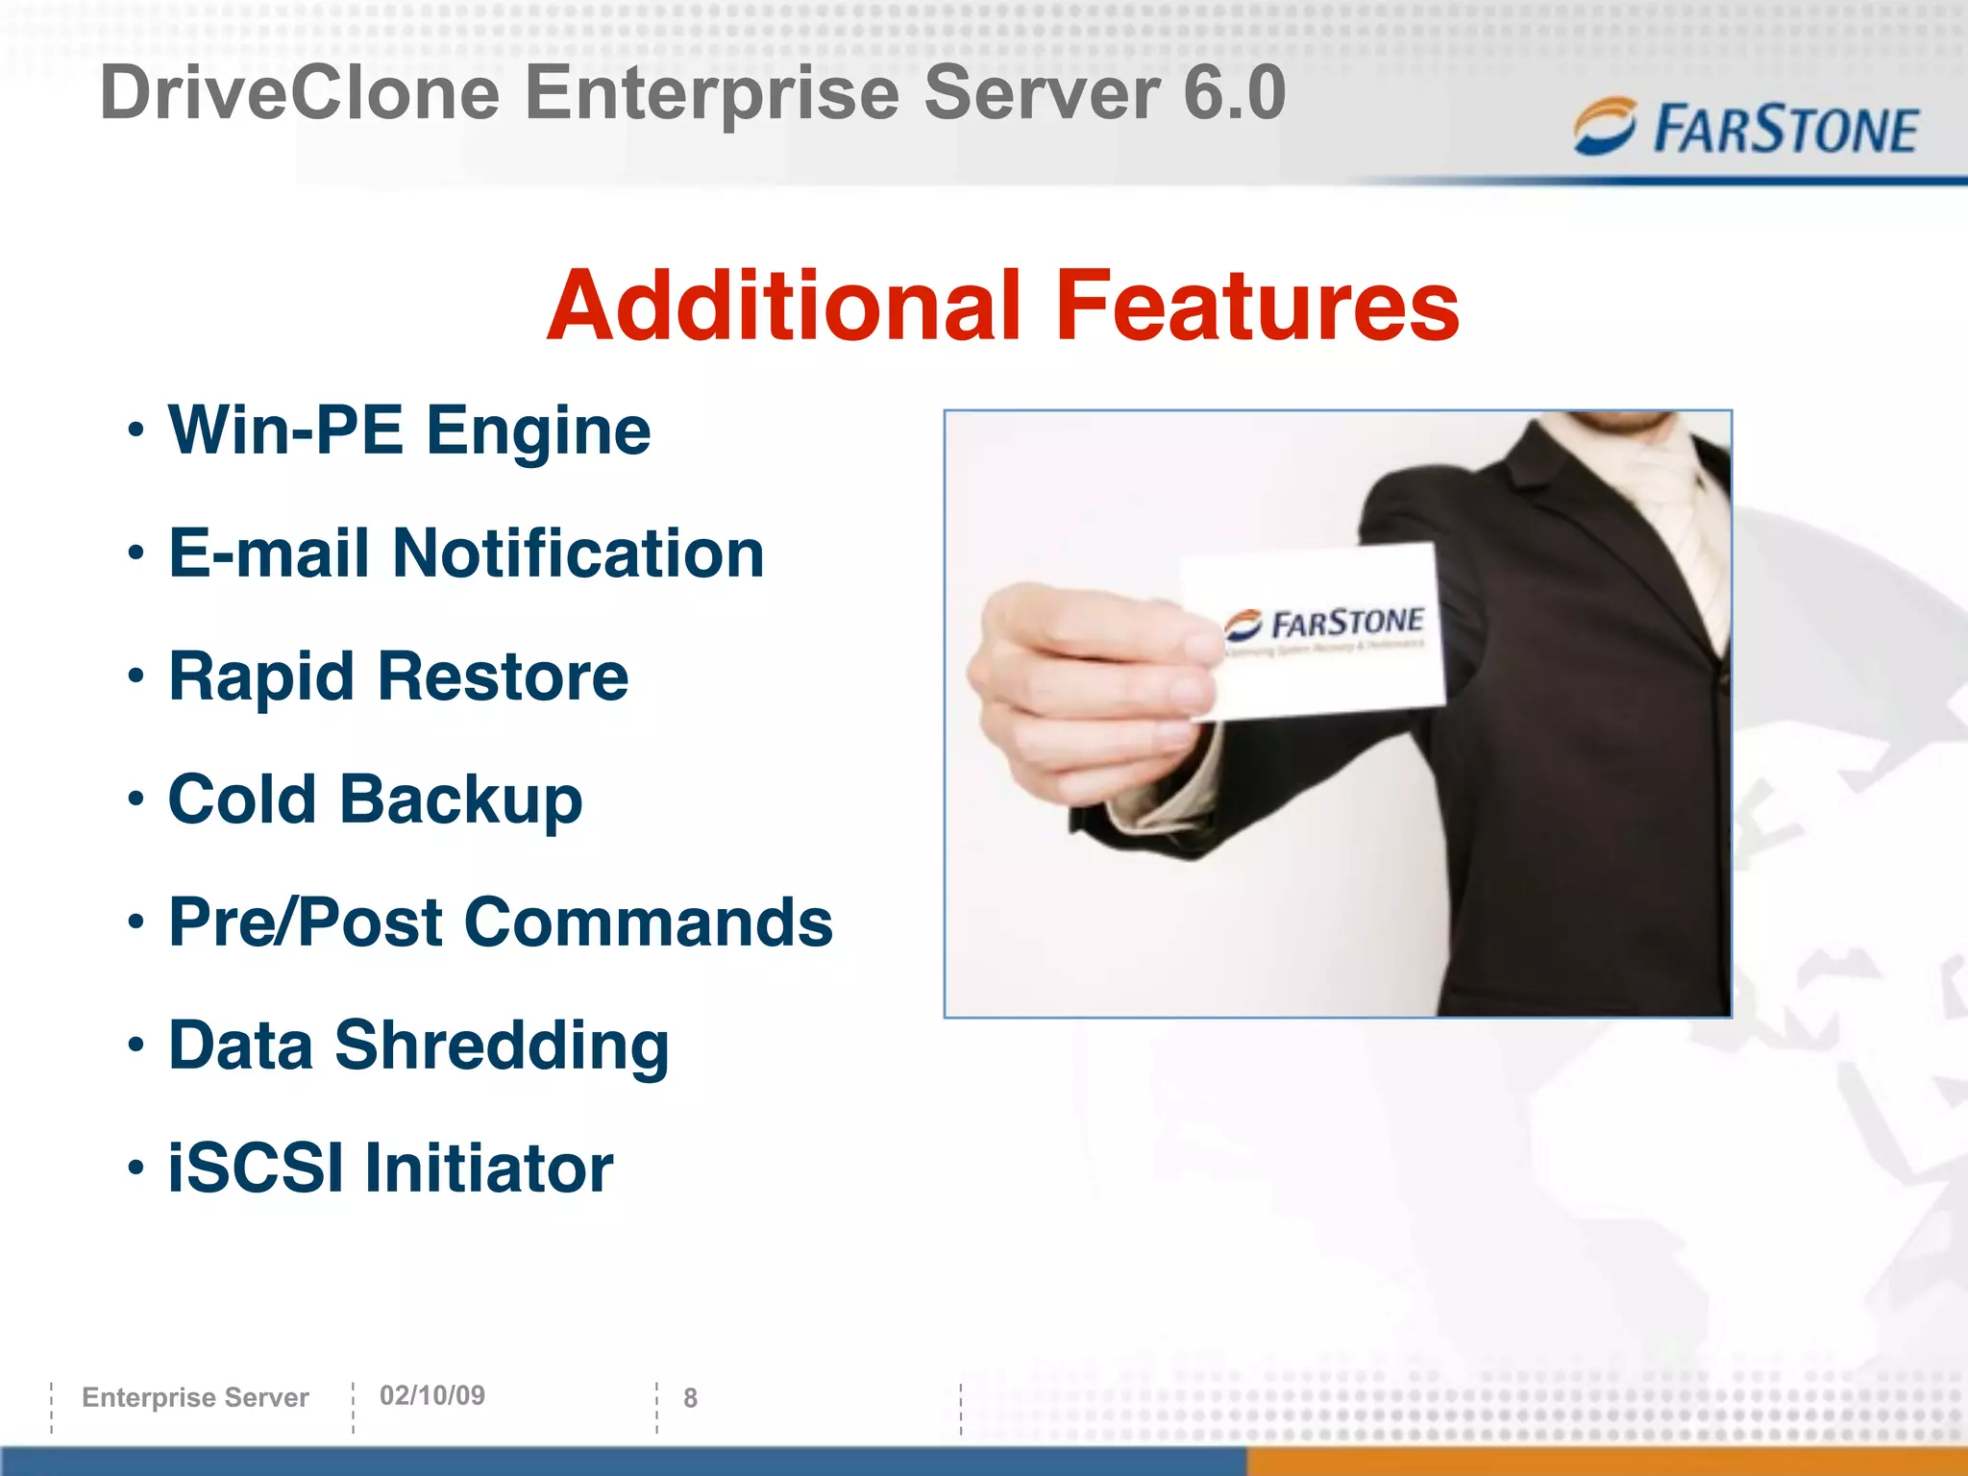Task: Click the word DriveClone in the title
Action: [x=300, y=93]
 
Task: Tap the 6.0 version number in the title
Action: [x=1234, y=93]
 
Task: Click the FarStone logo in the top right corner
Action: [x=1745, y=129]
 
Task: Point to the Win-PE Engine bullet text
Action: [x=409, y=431]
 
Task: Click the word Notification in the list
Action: [x=578, y=554]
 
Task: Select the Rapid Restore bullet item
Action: [x=398, y=677]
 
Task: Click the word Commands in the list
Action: [x=649, y=922]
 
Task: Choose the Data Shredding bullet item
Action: [x=418, y=1045]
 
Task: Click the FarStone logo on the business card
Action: [x=1326, y=625]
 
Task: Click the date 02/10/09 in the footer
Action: [x=432, y=1396]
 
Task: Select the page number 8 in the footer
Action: [x=690, y=1398]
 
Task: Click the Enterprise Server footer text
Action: [x=195, y=1397]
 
